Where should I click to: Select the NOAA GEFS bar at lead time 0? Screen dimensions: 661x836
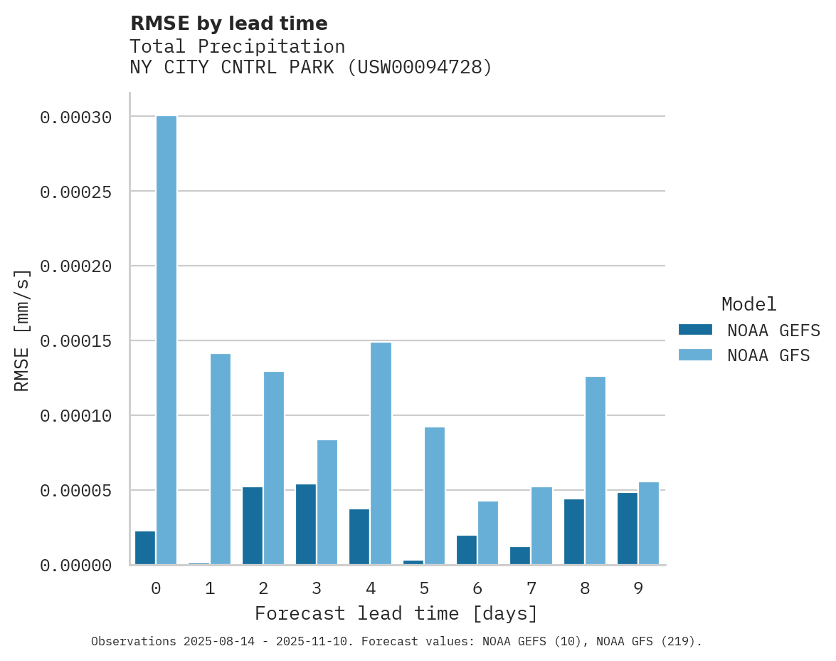pyautogui.click(x=145, y=548)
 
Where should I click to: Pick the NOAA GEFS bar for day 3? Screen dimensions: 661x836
pyautogui.click(x=306, y=524)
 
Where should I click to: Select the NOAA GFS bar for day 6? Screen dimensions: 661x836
pyautogui.click(x=488, y=533)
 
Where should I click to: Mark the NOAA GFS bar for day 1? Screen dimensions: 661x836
pyautogui.click(x=221, y=459)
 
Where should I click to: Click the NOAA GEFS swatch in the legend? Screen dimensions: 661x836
pyautogui.click(x=695, y=329)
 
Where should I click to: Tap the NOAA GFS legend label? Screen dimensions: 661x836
pyautogui.click(x=768, y=355)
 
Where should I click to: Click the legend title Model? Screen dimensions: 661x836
pyautogui.click(x=748, y=304)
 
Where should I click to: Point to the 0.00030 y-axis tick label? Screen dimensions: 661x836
pyautogui.click(x=75, y=118)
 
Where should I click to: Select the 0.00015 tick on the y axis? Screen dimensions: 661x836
pyautogui.click(x=75, y=341)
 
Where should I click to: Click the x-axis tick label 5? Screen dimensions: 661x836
pyautogui.click(x=424, y=588)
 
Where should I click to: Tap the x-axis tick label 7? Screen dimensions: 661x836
pyautogui.click(x=531, y=588)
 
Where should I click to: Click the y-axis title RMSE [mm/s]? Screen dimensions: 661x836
pyautogui.click(x=23, y=330)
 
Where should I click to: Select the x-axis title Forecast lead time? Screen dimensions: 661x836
pyautogui.click(x=396, y=613)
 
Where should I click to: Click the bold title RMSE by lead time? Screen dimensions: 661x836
pyautogui.click(x=229, y=24)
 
